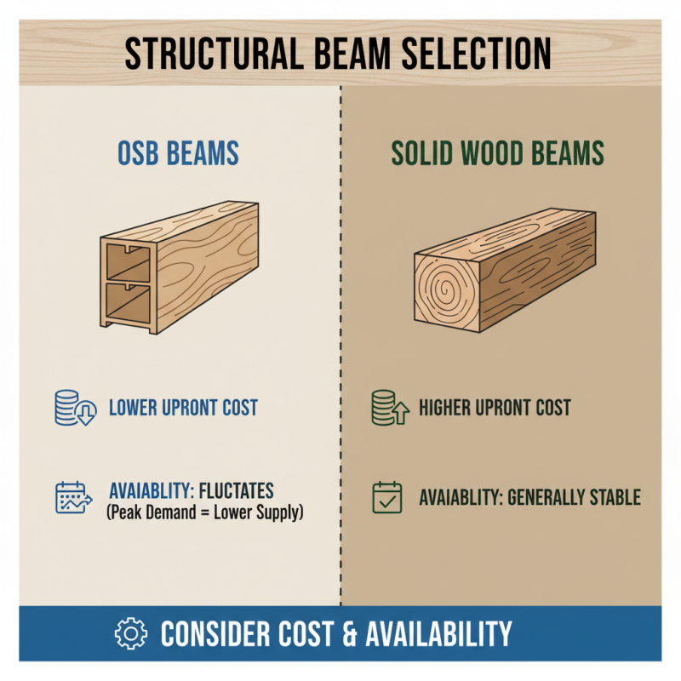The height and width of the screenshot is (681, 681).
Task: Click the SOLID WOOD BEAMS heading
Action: click(x=497, y=153)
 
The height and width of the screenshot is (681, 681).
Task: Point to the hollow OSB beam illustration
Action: click(x=180, y=266)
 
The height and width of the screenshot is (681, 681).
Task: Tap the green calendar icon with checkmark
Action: click(x=387, y=498)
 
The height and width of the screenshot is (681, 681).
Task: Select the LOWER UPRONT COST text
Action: click(x=183, y=408)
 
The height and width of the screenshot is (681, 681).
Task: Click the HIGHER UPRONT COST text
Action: click(x=495, y=408)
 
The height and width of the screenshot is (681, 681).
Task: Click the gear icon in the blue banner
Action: click(x=131, y=633)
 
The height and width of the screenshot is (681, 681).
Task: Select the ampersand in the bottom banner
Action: click(x=327, y=634)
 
